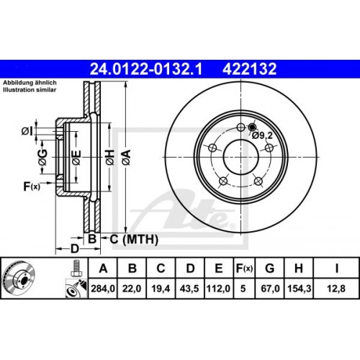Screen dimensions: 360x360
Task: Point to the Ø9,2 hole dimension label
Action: coord(261,134)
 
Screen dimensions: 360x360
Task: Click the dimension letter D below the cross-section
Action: coord(75,249)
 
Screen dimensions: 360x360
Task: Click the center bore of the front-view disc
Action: coord(239,153)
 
